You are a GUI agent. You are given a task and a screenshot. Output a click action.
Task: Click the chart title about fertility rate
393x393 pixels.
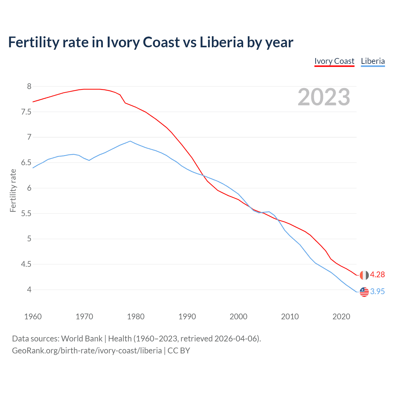click(x=150, y=42)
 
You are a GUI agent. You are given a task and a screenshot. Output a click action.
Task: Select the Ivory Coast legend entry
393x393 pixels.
click(x=334, y=61)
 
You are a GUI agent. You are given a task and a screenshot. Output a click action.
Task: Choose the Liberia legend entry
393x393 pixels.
click(x=373, y=61)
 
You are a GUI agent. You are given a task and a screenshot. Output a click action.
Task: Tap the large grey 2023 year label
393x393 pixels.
click(x=324, y=97)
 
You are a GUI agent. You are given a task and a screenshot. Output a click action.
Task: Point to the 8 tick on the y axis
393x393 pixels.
click(x=29, y=87)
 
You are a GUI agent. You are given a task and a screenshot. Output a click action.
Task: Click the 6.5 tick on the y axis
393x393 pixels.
click(x=26, y=163)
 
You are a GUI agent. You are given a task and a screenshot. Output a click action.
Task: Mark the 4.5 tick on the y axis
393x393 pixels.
click(x=26, y=264)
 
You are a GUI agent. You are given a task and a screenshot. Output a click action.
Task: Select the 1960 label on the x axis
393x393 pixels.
click(x=33, y=317)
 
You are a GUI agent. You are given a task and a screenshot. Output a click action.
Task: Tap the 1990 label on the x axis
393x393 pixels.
click(x=187, y=317)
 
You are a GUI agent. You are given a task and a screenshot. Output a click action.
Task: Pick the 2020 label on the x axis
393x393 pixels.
click(x=341, y=317)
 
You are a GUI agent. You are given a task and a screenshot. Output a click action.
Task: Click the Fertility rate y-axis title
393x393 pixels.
click(x=13, y=190)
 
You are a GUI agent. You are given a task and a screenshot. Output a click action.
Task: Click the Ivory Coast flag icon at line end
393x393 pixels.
click(x=364, y=275)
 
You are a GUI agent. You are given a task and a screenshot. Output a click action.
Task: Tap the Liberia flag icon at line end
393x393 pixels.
click(x=364, y=292)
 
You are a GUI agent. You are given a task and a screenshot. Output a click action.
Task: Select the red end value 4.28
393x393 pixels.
click(x=377, y=275)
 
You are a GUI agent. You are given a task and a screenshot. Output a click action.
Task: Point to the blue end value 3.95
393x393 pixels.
click(x=377, y=292)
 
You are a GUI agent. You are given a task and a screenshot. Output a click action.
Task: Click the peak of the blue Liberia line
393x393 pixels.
click(x=130, y=141)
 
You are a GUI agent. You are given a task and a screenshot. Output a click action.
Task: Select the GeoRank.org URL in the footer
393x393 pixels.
click(x=87, y=351)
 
